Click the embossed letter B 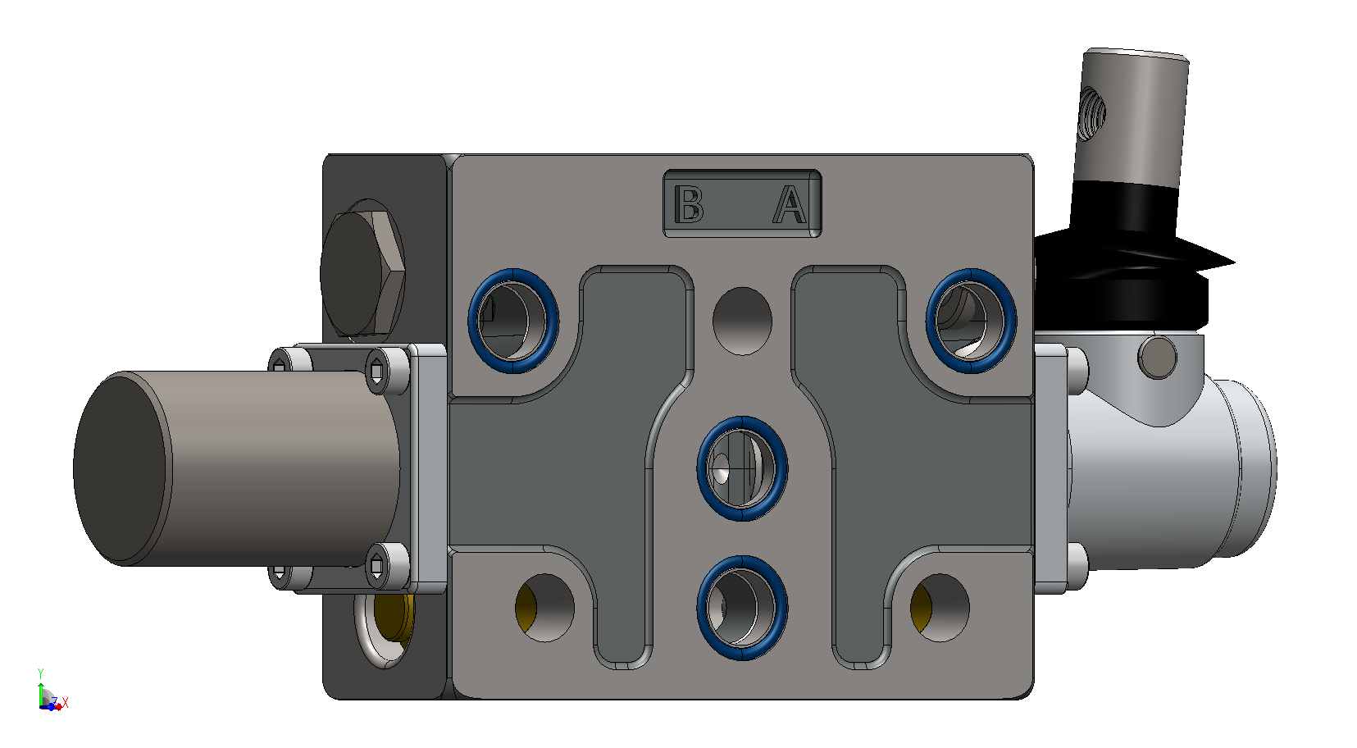pyautogui.click(x=689, y=204)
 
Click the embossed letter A pyautogui.click(x=790, y=204)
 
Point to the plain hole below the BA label pyautogui.click(x=742, y=321)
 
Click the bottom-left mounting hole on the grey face pyautogui.click(x=544, y=608)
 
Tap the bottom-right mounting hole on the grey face pyautogui.click(x=940, y=608)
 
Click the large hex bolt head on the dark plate pyautogui.click(x=362, y=273)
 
